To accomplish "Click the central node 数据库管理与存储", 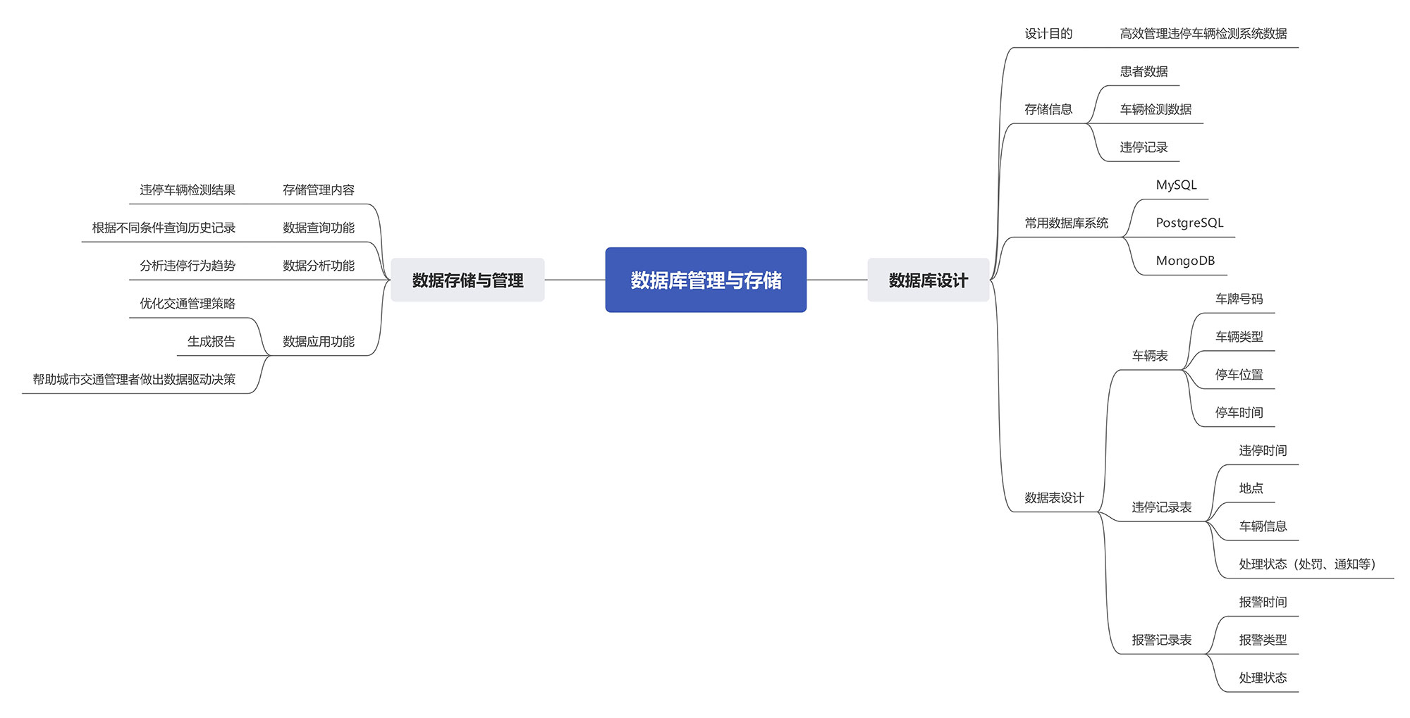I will [x=705, y=280].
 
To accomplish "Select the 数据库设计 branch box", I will [x=928, y=280].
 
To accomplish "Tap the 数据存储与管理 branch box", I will [x=467, y=280].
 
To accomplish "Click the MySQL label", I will [x=1176, y=185].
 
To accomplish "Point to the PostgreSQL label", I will [x=1189, y=223].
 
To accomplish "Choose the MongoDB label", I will [x=1185, y=261].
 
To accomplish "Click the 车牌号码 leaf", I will [x=1239, y=299].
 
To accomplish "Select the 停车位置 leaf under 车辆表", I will [x=1239, y=375].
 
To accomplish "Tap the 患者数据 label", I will [x=1144, y=71].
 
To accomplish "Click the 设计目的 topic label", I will [x=1048, y=33].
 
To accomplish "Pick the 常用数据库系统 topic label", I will [x=1066, y=223].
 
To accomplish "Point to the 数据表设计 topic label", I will [x=1054, y=497].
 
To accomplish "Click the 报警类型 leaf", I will [x=1263, y=640].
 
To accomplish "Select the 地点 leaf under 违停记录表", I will [x=1251, y=488].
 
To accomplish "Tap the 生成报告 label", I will [x=211, y=342].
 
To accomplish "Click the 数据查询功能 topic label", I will [x=319, y=228].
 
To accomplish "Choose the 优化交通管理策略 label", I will [x=188, y=304].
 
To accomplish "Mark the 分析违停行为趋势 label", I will [x=188, y=266].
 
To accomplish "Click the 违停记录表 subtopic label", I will [x=1161, y=507].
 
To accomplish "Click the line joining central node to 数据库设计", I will [x=837, y=280].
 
